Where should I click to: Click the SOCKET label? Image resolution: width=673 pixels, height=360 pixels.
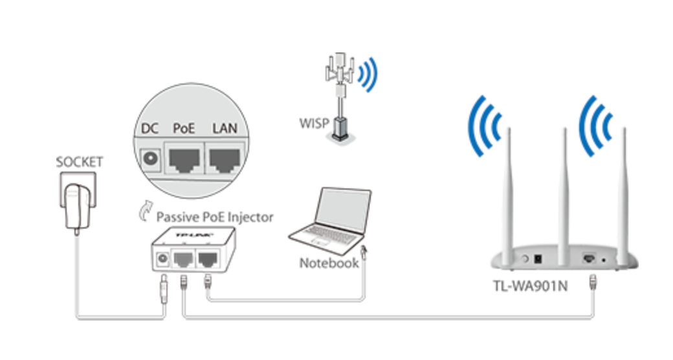(x=79, y=162)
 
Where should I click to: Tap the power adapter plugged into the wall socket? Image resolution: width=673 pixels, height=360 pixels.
(x=75, y=207)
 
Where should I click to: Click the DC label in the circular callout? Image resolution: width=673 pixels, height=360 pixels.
(x=150, y=128)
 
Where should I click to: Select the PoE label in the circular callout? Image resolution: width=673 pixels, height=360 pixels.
(x=184, y=128)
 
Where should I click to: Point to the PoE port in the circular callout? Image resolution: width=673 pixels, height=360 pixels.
(x=184, y=159)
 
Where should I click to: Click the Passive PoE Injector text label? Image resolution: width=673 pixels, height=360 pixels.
(x=214, y=216)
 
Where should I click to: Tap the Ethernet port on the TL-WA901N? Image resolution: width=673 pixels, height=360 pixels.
(x=590, y=257)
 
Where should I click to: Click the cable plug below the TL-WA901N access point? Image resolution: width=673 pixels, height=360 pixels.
(x=591, y=284)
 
